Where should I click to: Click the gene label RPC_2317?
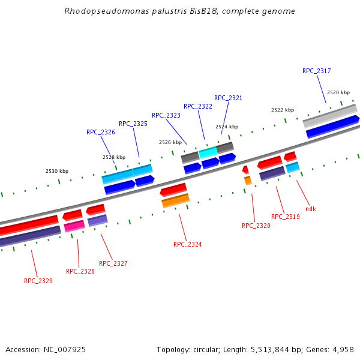pyautogui.click(x=316, y=71)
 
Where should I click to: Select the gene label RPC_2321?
pyautogui.click(x=228, y=98)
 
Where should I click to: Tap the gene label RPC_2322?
pyautogui.click(x=198, y=106)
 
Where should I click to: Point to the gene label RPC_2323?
pyautogui.click(x=166, y=115)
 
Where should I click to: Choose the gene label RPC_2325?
pyautogui.click(x=133, y=124)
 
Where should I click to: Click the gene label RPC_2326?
pyautogui.click(x=101, y=132)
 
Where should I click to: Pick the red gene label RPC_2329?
pyautogui.click(x=38, y=281)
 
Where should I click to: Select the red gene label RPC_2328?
pyautogui.click(x=80, y=271)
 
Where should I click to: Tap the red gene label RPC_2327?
pyautogui.click(x=113, y=263)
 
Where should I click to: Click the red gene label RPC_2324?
pyautogui.click(x=188, y=244)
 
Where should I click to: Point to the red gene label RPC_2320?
pyautogui.click(x=256, y=226)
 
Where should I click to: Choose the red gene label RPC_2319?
pyautogui.click(x=286, y=217)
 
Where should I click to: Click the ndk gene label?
pyautogui.click(x=311, y=209)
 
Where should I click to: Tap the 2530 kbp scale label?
pyautogui.click(x=57, y=172)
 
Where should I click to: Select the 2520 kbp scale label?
pyautogui.click(x=338, y=92)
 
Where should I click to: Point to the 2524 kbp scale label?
pyautogui.click(x=227, y=127)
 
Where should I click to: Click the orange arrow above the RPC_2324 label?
pyautogui.click(x=176, y=200)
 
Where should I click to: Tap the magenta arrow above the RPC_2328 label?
pyautogui.click(x=74, y=226)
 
